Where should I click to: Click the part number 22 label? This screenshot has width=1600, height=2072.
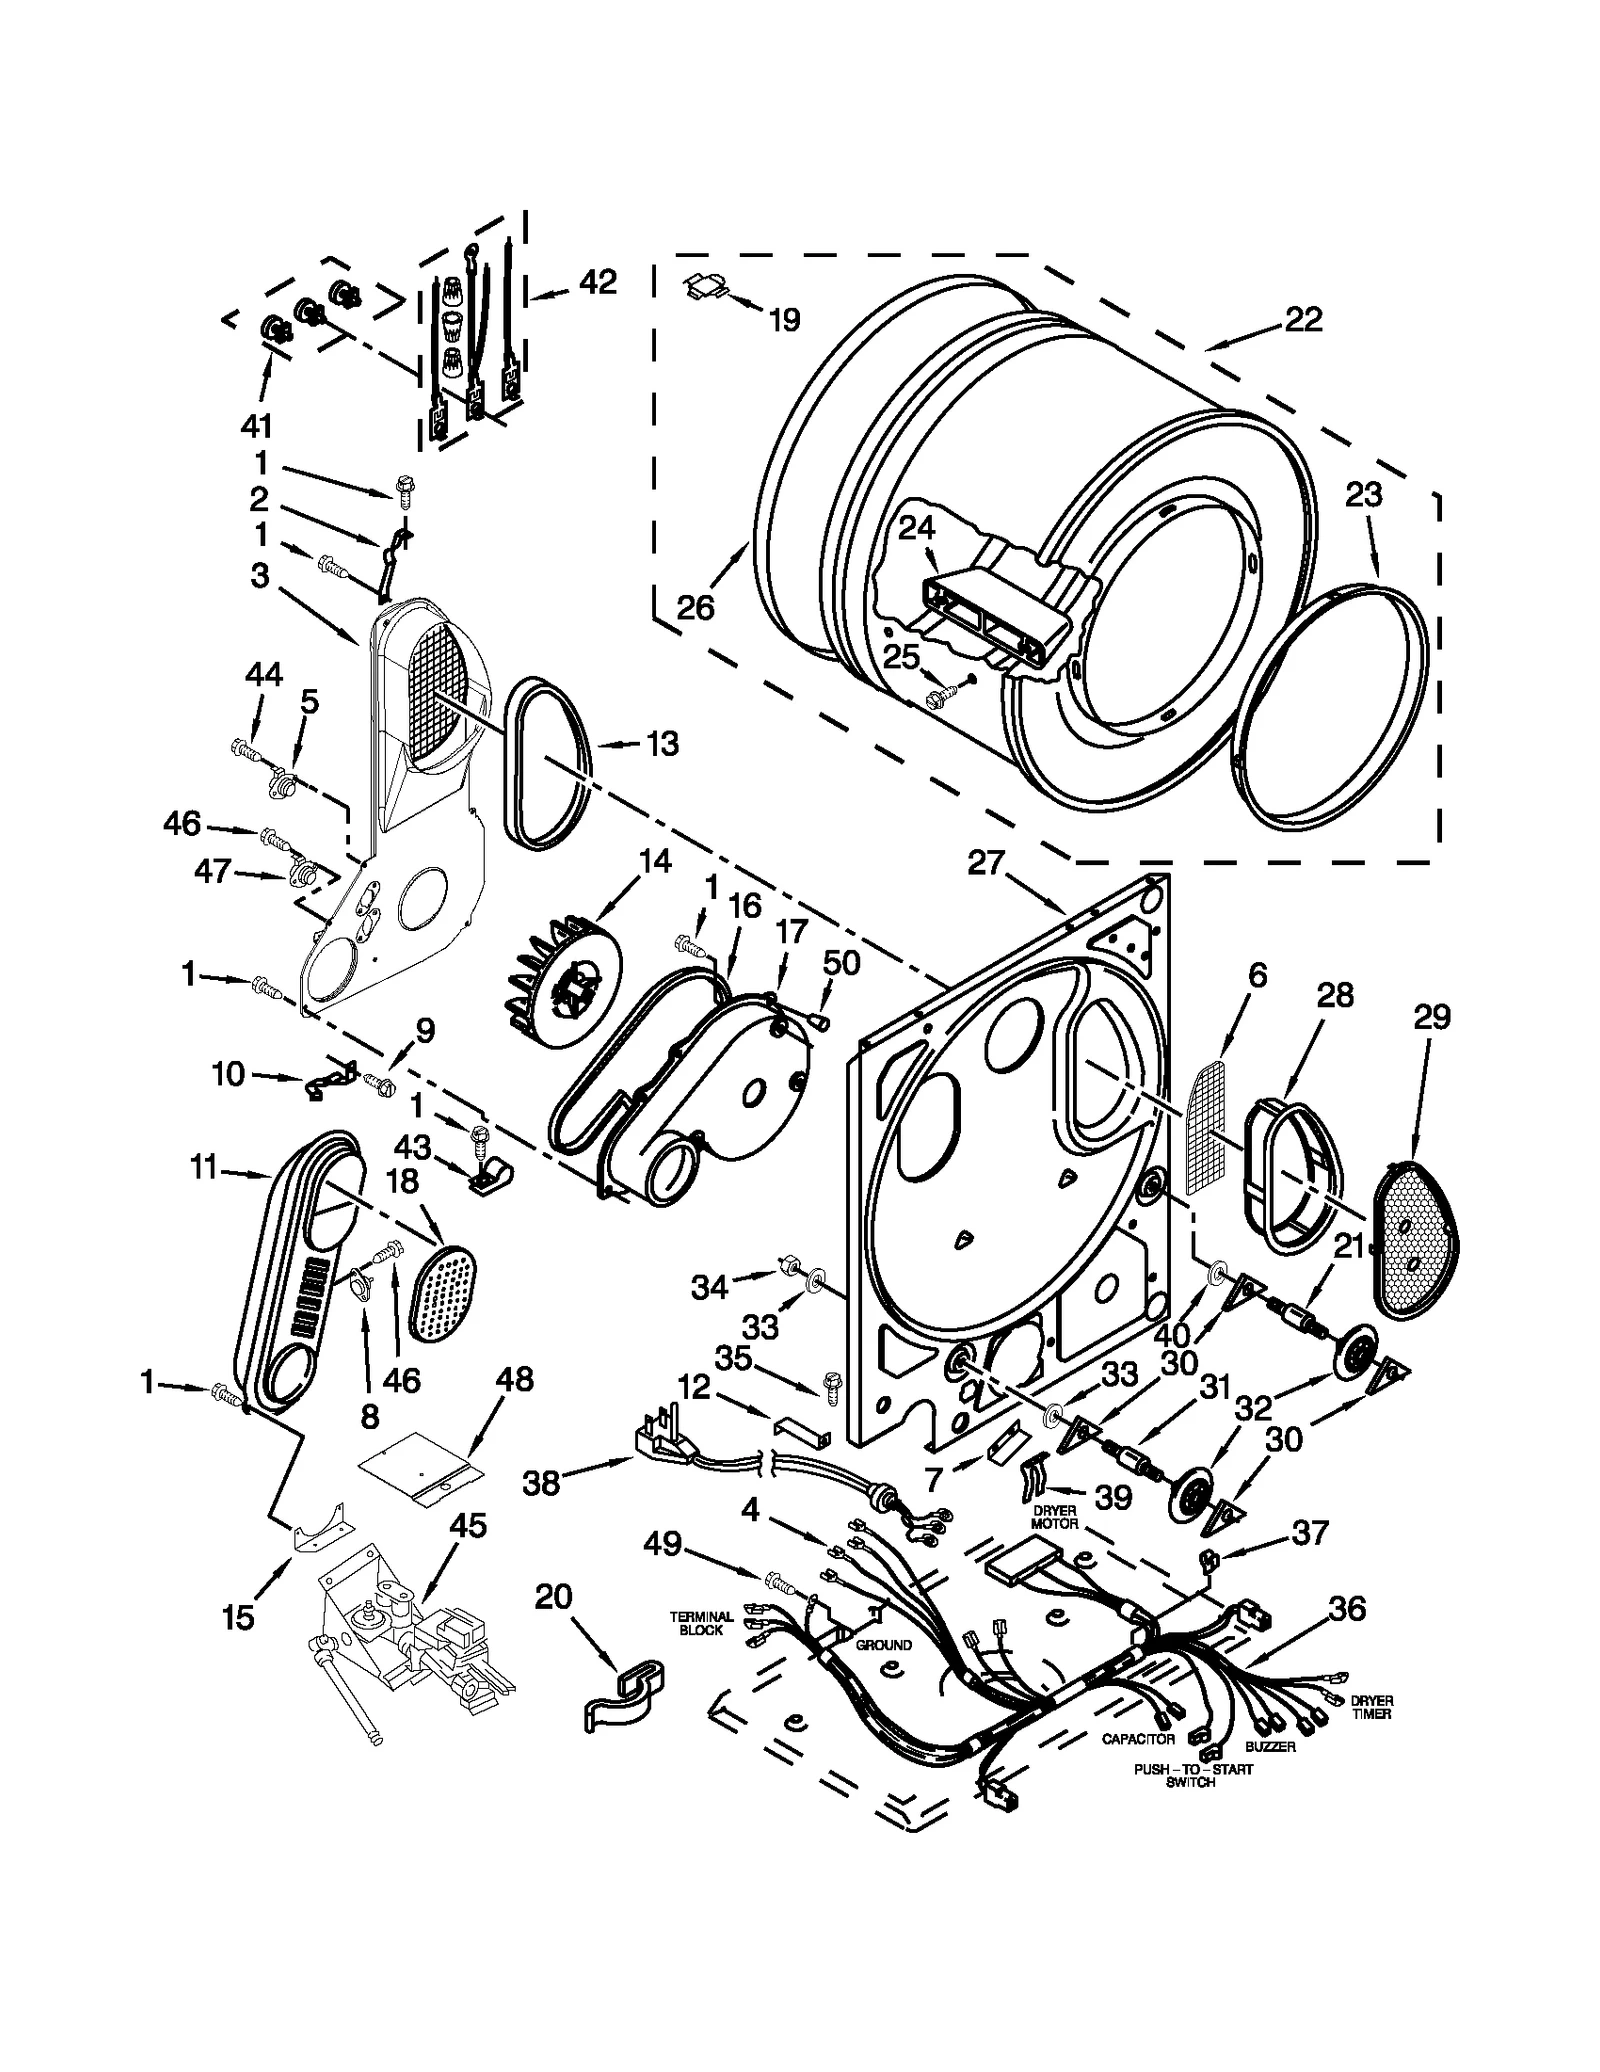pyautogui.click(x=1303, y=319)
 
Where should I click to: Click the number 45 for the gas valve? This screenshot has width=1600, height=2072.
pyautogui.click(x=467, y=1526)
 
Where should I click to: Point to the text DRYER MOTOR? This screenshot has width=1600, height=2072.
pyautogui.click(x=1054, y=1517)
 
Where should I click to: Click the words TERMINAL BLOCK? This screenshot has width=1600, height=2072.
pyautogui.click(x=702, y=1622)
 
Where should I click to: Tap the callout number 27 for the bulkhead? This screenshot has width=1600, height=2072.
pyautogui.click(x=984, y=861)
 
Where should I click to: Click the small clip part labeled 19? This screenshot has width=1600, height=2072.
pyautogui.click(x=708, y=288)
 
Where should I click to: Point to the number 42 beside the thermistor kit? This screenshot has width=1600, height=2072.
pyautogui.click(x=597, y=282)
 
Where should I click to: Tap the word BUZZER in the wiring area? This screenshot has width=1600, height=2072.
pyautogui.click(x=1270, y=1746)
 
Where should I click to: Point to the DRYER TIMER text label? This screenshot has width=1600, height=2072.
pyautogui.click(x=1371, y=1707)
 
